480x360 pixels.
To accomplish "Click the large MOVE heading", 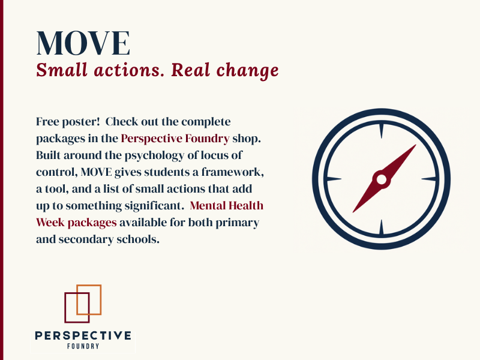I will [x=83, y=43].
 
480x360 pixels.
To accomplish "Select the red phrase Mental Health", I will [x=227, y=206].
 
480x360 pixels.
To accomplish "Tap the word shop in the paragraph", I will [x=247, y=138].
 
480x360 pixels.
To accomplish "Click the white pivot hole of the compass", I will [x=381, y=179].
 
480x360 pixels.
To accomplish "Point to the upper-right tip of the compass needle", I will [x=414, y=146].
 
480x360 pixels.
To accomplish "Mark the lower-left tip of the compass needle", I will [x=354, y=211].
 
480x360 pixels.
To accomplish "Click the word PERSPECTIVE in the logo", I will [x=83, y=335].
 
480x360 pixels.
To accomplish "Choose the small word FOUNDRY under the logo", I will [x=83, y=346].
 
